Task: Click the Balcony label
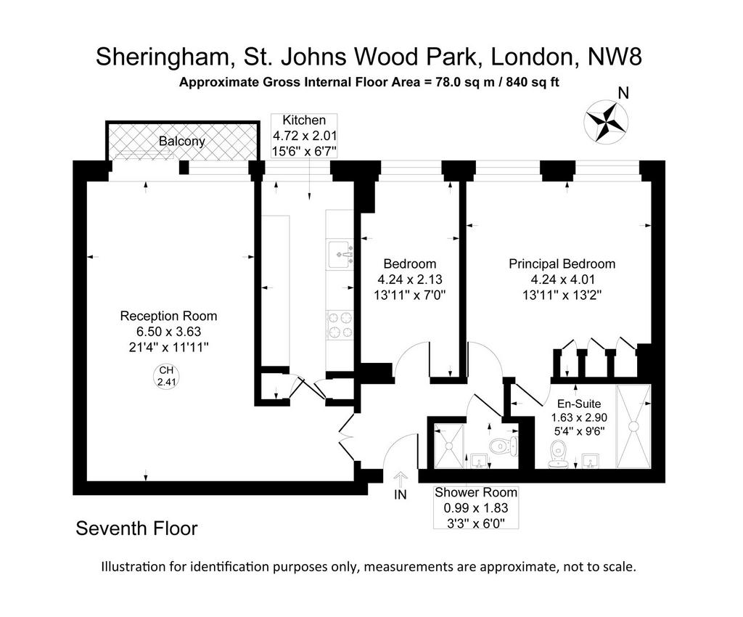click(x=181, y=142)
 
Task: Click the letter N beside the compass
click(x=623, y=94)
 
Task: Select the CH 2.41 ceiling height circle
click(x=166, y=377)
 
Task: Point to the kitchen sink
click(x=340, y=255)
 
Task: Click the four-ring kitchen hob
click(x=340, y=325)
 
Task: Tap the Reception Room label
click(x=168, y=316)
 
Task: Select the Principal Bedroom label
click(x=562, y=264)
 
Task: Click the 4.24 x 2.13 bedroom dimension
click(x=410, y=279)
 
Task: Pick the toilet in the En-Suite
click(x=558, y=454)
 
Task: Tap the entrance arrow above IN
click(x=401, y=479)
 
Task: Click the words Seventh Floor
click(x=136, y=528)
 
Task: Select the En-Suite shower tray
click(x=633, y=427)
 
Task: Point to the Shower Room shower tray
click(x=448, y=446)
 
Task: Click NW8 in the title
click(x=615, y=57)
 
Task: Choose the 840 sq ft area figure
click(x=533, y=83)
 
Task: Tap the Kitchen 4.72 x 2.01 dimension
click(x=304, y=136)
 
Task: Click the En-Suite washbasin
click(x=591, y=461)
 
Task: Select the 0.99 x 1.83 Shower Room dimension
click(x=476, y=508)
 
